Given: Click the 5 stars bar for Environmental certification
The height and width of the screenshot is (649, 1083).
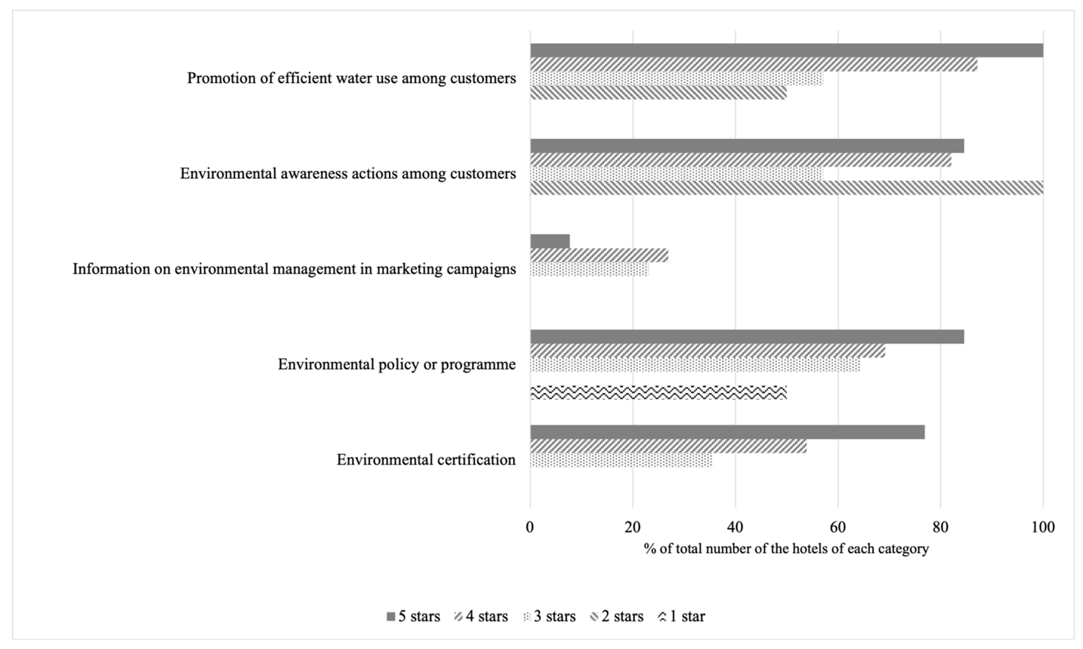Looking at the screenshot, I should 727,432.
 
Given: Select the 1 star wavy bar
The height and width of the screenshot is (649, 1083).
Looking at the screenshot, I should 658,392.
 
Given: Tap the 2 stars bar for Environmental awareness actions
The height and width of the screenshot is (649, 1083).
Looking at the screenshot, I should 786,188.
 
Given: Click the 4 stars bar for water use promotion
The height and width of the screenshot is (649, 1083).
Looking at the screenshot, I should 754,64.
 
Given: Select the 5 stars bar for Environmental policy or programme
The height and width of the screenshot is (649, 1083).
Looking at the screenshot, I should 747,337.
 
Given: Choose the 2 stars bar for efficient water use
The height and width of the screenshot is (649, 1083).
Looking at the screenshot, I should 658,92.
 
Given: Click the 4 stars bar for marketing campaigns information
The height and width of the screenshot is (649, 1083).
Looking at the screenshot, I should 599,255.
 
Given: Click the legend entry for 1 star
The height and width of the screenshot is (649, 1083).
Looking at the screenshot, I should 681,617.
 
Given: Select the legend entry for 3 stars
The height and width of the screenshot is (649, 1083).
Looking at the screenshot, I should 549,617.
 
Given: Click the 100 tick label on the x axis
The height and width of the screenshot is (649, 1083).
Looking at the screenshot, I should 1043,527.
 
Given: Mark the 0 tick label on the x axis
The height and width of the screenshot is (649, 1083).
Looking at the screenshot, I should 530,527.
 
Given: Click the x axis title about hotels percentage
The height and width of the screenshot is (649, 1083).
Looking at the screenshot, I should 786,548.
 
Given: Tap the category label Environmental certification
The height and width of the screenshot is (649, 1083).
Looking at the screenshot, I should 426,460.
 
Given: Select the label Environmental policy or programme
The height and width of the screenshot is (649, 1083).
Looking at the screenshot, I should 397,364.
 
